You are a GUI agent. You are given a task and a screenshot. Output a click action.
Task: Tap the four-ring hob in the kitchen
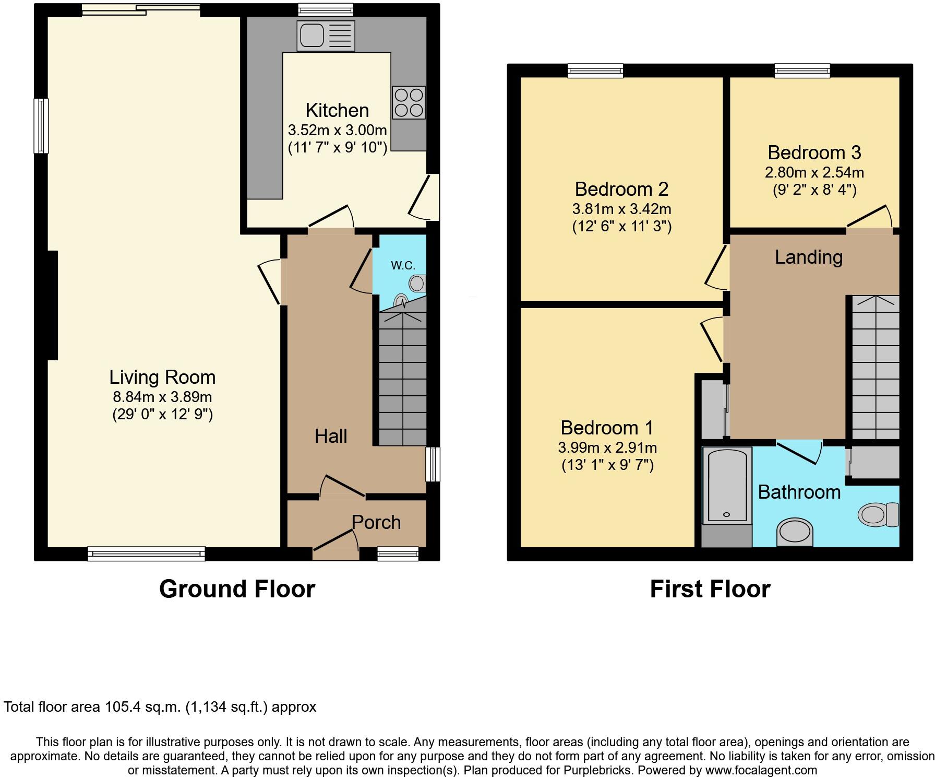point(409,102)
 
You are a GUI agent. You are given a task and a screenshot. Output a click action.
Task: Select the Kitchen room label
point(337,111)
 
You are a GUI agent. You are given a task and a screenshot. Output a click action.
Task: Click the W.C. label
point(403,265)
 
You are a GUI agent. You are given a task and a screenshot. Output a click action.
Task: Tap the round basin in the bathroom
point(795,533)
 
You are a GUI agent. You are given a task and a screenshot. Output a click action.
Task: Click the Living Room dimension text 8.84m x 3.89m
point(162,397)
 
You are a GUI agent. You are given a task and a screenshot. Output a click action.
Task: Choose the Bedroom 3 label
point(814,152)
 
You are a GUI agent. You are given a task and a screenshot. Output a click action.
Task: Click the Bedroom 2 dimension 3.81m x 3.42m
point(621,209)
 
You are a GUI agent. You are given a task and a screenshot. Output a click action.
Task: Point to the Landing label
point(808,257)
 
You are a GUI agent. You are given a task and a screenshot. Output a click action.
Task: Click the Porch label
point(376,522)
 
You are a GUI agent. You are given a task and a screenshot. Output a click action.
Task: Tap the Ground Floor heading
point(237,589)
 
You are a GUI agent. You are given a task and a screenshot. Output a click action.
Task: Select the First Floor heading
point(710,589)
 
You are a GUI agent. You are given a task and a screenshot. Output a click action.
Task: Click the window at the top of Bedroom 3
point(802,70)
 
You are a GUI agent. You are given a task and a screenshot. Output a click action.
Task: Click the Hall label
point(331,437)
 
